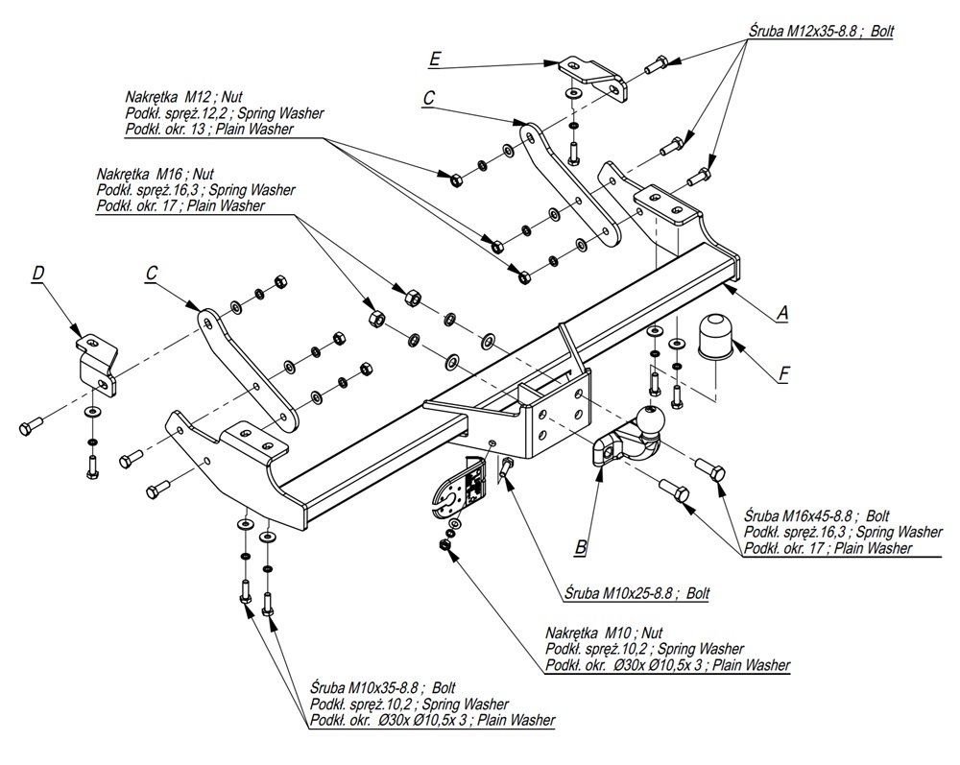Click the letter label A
point(782,312)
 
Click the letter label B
point(580,548)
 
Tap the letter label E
point(435,60)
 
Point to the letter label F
point(783,372)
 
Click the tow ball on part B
point(650,419)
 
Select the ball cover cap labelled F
point(715,337)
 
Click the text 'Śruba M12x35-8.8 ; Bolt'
point(821,31)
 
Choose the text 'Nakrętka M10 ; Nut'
point(604,634)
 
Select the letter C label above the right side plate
point(428,97)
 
